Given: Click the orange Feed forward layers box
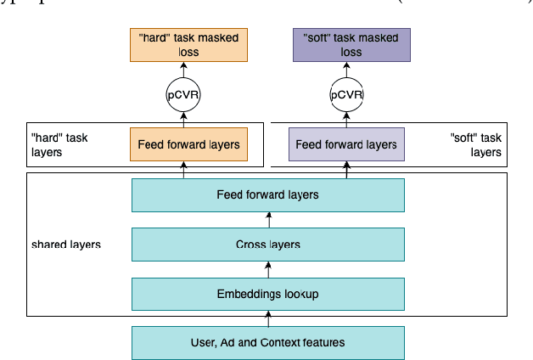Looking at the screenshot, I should pos(188,144).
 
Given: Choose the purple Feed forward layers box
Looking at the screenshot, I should pos(346,144).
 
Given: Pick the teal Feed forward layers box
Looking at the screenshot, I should pos(267,195).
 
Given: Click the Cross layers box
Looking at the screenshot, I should pos(267,245).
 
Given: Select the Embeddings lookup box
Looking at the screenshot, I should pos(267,294).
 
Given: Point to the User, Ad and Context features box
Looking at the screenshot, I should pos(267,342).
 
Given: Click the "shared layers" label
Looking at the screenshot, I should pos(65,245).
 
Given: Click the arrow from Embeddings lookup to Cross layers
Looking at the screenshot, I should pos(268,269).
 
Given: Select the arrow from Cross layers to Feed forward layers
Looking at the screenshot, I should pos(268,220).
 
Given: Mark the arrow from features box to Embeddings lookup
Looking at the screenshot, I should pos(268,318).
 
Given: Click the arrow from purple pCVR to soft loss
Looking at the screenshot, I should pos(346,69).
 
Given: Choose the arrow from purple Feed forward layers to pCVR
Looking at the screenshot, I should pos(346,118).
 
